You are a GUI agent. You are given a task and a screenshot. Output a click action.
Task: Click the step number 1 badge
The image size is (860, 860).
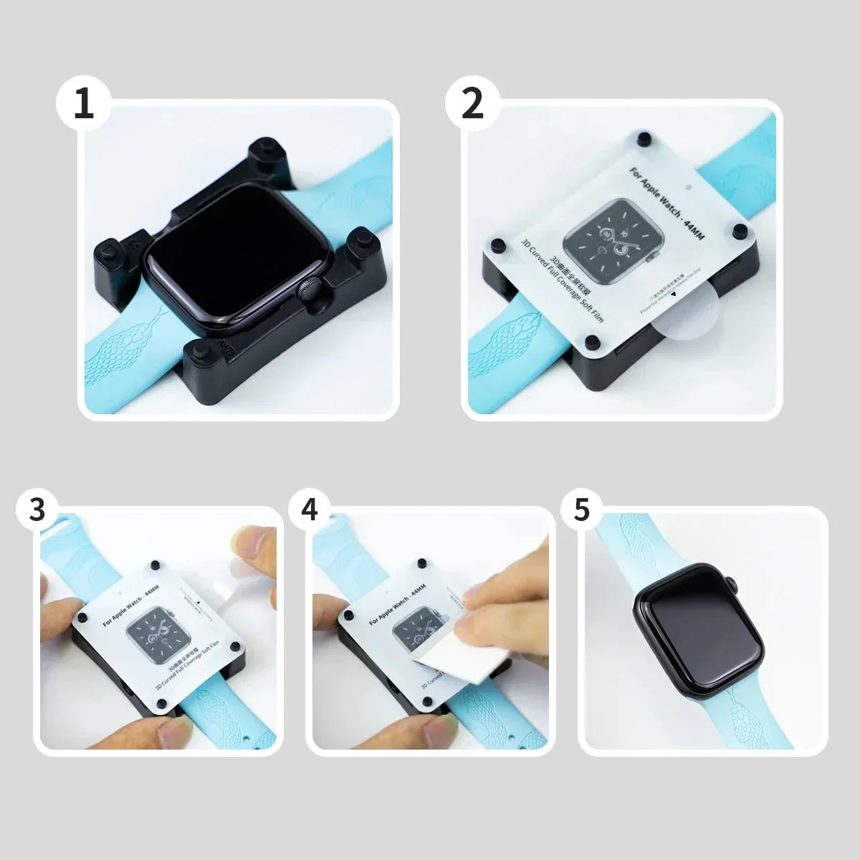(x=84, y=104)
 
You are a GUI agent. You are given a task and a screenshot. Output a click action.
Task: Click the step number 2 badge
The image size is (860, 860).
(x=472, y=104)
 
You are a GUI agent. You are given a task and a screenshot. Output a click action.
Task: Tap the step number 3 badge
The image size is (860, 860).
(x=38, y=510)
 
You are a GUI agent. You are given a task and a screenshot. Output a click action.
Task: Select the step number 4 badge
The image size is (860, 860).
(x=310, y=510)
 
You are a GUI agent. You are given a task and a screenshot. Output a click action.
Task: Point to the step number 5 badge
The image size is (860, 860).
(x=581, y=510)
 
